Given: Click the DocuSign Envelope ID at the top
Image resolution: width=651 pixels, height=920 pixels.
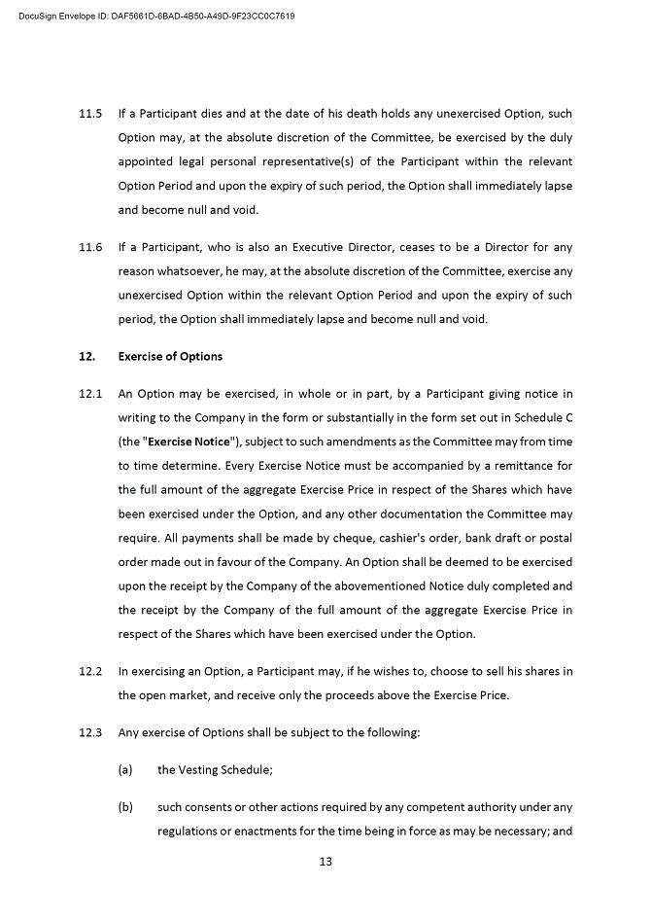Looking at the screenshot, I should pyautogui.click(x=156, y=17).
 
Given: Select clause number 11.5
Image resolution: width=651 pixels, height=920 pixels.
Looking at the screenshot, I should pyautogui.click(x=90, y=113).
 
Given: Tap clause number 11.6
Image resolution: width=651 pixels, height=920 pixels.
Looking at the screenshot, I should pyautogui.click(x=90, y=247).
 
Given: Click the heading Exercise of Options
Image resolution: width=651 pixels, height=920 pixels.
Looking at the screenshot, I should pyautogui.click(x=170, y=356).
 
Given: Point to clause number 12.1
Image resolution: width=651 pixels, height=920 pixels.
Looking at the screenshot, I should pyautogui.click(x=90, y=394).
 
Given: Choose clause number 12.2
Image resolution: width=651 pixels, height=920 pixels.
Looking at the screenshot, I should pyautogui.click(x=90, y=671).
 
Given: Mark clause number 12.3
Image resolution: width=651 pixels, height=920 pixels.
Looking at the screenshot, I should pyautogui.click(x=90, y=732).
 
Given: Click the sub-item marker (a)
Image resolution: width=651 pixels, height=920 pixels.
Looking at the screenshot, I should pyautogui.click(x=124, y=769).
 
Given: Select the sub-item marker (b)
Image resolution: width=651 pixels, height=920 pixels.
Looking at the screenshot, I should pyautogui.click(x=124, y=806).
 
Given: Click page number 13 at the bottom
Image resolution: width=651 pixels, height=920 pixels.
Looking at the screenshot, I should pyautogui.click(x=325, y=861).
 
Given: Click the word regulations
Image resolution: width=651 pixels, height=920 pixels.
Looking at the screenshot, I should pyautogui.click(x=189, y=831).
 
